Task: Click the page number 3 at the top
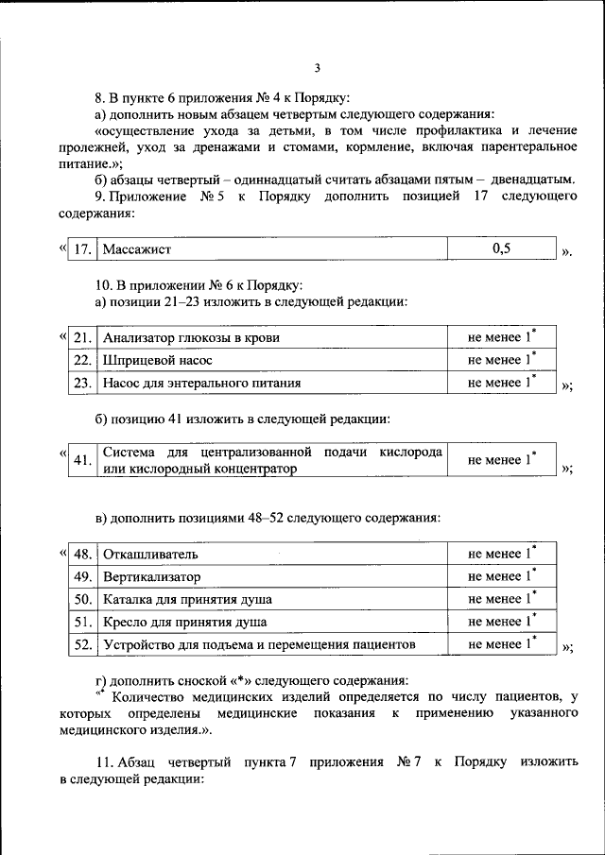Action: pyautogui.click(x=318, y=67)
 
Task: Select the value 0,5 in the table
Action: pyautogui.click(x=501, y=248)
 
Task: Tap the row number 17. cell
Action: pyautogui.click(x=84, y=249)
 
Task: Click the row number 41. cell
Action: pyautogui.click(x=83, y=460)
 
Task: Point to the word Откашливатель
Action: pyautogui.click(x=150, y=554)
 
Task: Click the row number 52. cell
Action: pyautogui.click(x=83, y=644)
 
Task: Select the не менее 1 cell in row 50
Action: pyautogui.click(x=501, y=599)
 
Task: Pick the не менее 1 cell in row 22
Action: pyautogui.click(x=501, y=360)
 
